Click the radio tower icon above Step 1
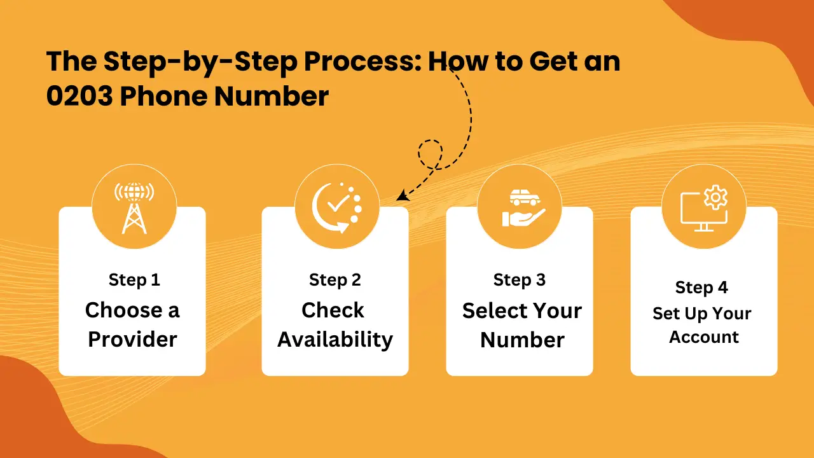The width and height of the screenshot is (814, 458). [134, 208]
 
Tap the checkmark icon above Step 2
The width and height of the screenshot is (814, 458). [338, 204]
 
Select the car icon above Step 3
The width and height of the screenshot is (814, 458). [525, 197]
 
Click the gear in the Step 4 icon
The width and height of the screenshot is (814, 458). [715, 197]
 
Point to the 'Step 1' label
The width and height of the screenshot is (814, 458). [134, 280]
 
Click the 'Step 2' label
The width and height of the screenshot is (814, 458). [335, 280]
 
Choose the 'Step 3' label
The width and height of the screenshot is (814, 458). [520, 280]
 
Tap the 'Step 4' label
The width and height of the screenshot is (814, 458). [701, 288]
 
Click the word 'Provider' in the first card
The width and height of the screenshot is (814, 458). [132, 339]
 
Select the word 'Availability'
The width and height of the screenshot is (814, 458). [335, 340]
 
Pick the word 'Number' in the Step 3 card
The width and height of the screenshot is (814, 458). [522, 340]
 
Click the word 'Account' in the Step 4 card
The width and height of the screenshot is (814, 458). [704, 337]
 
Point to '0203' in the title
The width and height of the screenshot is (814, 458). [79, 96]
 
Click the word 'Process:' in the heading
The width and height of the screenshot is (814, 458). [362, 61]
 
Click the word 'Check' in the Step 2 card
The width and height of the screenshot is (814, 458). [333, 310]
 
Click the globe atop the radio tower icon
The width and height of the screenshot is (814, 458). [134, 192]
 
